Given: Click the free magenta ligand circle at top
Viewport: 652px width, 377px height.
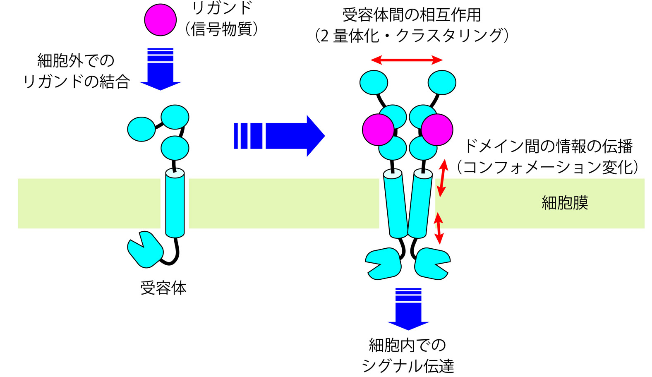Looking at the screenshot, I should (160, 20).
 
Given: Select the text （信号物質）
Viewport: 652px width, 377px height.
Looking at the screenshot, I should (222, 29).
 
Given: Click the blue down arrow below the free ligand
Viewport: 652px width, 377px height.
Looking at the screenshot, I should (160, 70).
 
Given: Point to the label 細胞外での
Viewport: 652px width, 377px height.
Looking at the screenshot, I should (76, 61).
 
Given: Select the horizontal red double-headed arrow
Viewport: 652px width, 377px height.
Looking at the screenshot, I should (407, 60).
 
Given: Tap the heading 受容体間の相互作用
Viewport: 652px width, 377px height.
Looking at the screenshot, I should (412, 15).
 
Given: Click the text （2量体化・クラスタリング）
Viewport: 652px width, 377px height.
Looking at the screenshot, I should (412, 36).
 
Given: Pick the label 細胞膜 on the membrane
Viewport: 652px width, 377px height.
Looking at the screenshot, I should (565, 203).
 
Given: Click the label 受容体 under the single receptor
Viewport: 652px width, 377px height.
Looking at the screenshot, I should (163, 288).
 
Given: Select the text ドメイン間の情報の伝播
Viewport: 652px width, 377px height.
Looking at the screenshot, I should (548, 146).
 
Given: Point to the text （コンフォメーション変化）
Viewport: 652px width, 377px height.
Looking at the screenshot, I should (548, 167).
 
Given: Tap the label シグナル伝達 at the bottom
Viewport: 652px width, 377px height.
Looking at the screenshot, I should (408, 366).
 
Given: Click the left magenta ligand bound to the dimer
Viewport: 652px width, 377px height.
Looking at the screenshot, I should (378, 130).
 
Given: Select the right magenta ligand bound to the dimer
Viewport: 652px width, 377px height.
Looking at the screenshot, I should (437, 130).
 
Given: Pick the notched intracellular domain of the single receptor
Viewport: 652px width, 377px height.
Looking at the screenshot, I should (144, 250).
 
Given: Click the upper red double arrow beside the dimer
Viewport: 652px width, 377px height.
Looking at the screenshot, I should (443, 178).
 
